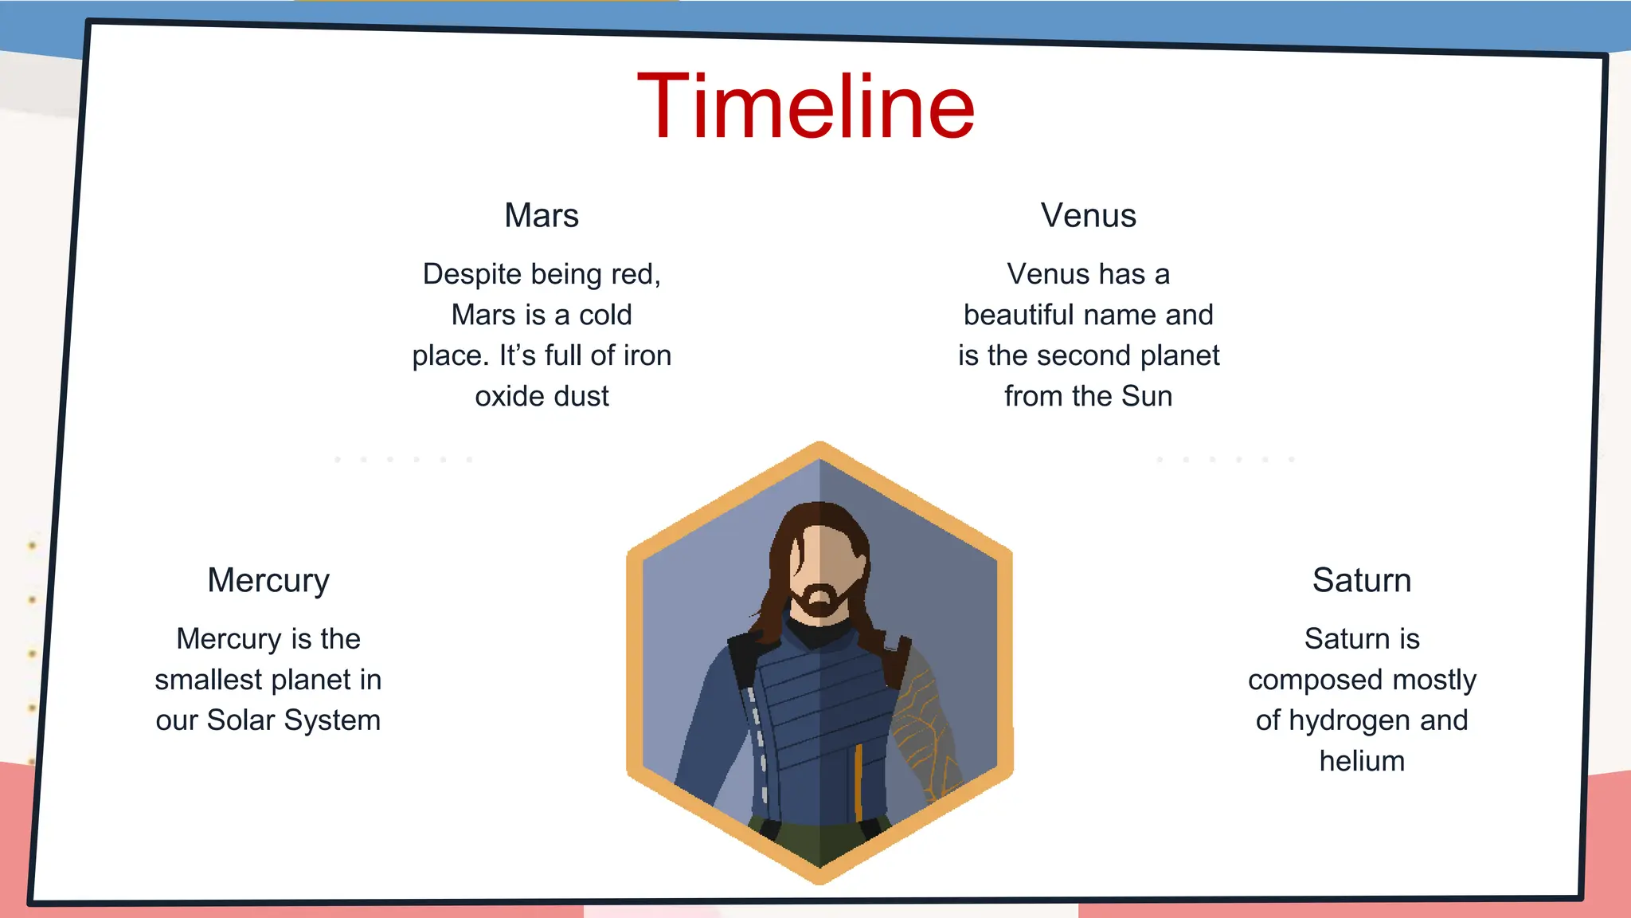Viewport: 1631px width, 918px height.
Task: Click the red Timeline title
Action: pos(806,107)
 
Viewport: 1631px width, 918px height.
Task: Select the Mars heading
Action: pos(542,216)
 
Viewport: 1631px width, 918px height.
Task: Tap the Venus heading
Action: pos(1088,216)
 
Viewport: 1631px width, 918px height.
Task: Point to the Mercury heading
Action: pos(268,581)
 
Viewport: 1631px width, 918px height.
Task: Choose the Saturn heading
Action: pos(1362,581)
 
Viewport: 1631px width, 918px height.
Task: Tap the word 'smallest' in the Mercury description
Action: pos(209,681)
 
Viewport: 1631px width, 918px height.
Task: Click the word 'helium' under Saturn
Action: pos(1362,762)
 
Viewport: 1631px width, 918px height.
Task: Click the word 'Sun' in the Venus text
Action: pos(1147,397)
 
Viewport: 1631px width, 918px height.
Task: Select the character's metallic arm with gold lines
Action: pos(924,725)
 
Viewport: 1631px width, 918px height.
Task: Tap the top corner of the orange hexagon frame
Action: pos(819,446)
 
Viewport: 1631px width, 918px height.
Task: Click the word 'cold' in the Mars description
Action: pos(605,316)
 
